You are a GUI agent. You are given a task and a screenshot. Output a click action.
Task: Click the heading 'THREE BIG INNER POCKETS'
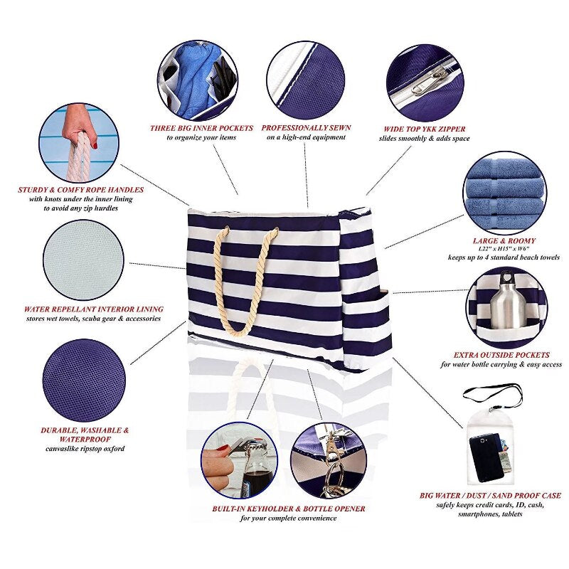pos(201,128)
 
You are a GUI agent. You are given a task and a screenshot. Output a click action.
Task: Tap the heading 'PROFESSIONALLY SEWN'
pos(306,128)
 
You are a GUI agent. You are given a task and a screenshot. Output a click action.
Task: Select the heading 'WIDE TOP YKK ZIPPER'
pos(424,129)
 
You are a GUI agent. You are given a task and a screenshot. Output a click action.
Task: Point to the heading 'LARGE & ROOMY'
pos(504,240)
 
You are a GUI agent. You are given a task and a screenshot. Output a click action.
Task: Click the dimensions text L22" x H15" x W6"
pos(504,249)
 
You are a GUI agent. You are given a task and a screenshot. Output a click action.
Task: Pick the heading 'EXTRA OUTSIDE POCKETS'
pos(501,355)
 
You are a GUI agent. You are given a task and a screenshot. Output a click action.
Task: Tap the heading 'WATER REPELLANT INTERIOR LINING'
pos(94,309)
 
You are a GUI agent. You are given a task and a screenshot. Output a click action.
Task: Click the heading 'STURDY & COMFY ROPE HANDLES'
pos(81,190)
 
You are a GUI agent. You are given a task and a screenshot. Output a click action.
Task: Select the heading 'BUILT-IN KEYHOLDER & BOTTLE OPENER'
pos(289,509)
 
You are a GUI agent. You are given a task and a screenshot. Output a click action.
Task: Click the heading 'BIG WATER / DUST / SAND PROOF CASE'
pos(490,496)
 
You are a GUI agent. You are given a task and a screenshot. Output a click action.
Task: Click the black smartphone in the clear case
pos(486,457)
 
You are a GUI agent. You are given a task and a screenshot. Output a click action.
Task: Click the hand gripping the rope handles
pos(78,125)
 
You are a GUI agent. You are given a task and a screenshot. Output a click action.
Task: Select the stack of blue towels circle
pos(505,193)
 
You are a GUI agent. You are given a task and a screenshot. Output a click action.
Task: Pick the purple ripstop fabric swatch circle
pos(84,381)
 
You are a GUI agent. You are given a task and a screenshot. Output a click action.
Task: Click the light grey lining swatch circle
pos(83,260)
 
